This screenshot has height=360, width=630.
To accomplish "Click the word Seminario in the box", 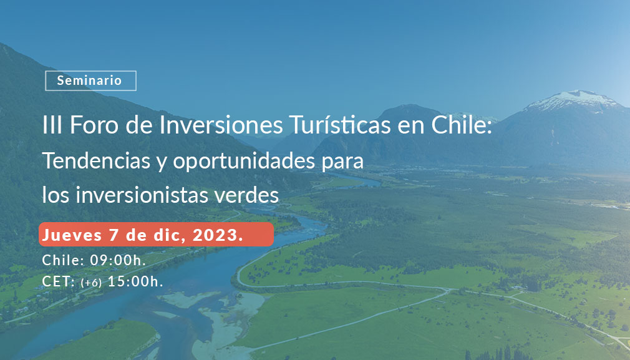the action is pos(89,80).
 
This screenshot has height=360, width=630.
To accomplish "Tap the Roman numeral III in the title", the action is pos(52,125).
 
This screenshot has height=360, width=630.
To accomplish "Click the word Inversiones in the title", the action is pos(221,125).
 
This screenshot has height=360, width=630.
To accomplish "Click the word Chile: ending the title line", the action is pos(462,125).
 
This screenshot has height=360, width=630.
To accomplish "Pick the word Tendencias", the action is pos(97,160).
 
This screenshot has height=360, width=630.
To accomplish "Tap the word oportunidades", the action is pos(244,161).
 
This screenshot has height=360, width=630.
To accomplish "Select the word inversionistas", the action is pos(142,195).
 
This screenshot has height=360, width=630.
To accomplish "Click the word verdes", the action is pos(246,195).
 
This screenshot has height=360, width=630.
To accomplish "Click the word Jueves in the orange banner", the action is pos(72,235).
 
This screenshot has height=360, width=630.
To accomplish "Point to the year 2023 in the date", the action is pos(218,235).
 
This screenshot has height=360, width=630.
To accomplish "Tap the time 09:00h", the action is pos(118,260).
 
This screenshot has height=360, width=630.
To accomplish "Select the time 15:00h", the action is pos(135,281).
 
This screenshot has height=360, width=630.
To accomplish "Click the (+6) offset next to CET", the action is pos(91,283).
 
